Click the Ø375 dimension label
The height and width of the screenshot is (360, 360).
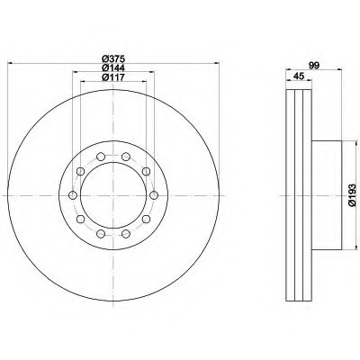(x=113, y=58)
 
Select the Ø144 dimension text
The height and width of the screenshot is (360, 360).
(x=113, y=67)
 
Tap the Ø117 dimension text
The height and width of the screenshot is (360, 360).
(x=113, y=77)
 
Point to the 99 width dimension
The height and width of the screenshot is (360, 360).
(x=314, y=66)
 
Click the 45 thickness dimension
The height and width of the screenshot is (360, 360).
(x=299, y=76)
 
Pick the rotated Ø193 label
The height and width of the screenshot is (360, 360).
(x=352, y=195)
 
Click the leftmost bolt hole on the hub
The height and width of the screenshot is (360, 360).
(x=73, y=195)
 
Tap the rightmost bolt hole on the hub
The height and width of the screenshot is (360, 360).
(x=154, y=195)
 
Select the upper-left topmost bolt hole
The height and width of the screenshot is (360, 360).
(x=101, y=157)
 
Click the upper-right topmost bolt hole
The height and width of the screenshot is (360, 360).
(x=126, y=157)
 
